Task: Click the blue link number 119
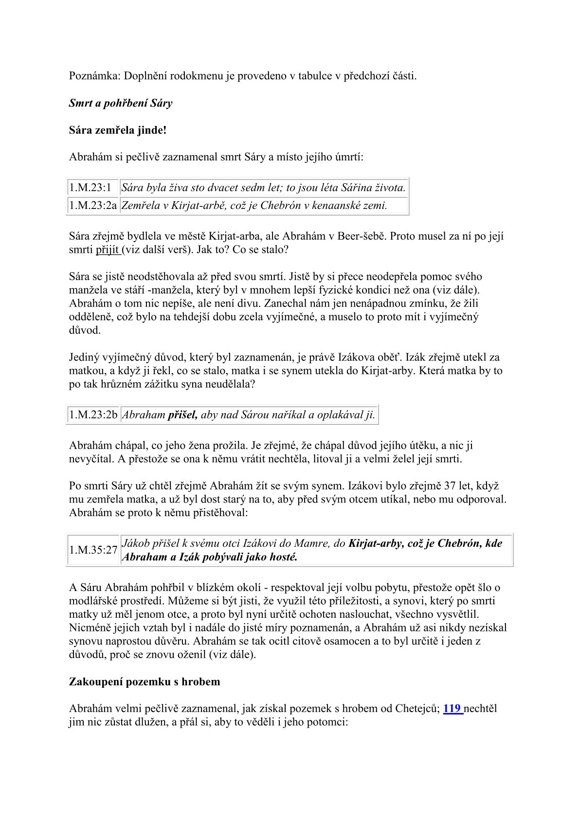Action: [x=452, y=708]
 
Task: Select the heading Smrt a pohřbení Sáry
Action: [x=121, y=103]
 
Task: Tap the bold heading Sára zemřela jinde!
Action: [x=118, y=130]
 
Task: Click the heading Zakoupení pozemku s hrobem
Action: [x=145, y=681]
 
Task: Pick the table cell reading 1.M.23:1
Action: [x=90, y=188]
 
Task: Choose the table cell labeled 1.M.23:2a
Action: [x=93, y=205]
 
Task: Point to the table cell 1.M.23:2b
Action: [x=93, y=415]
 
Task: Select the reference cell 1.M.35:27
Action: [x=93, y=550]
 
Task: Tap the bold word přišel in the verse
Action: [x=182, y=415]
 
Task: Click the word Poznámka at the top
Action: [x=94, y=76]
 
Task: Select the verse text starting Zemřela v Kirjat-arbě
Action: [x=254, y=205]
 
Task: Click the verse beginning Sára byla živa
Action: [x=263, y=188]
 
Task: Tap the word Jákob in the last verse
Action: [x=136, y=543]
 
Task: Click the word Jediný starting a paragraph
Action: [x=87, y=357]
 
